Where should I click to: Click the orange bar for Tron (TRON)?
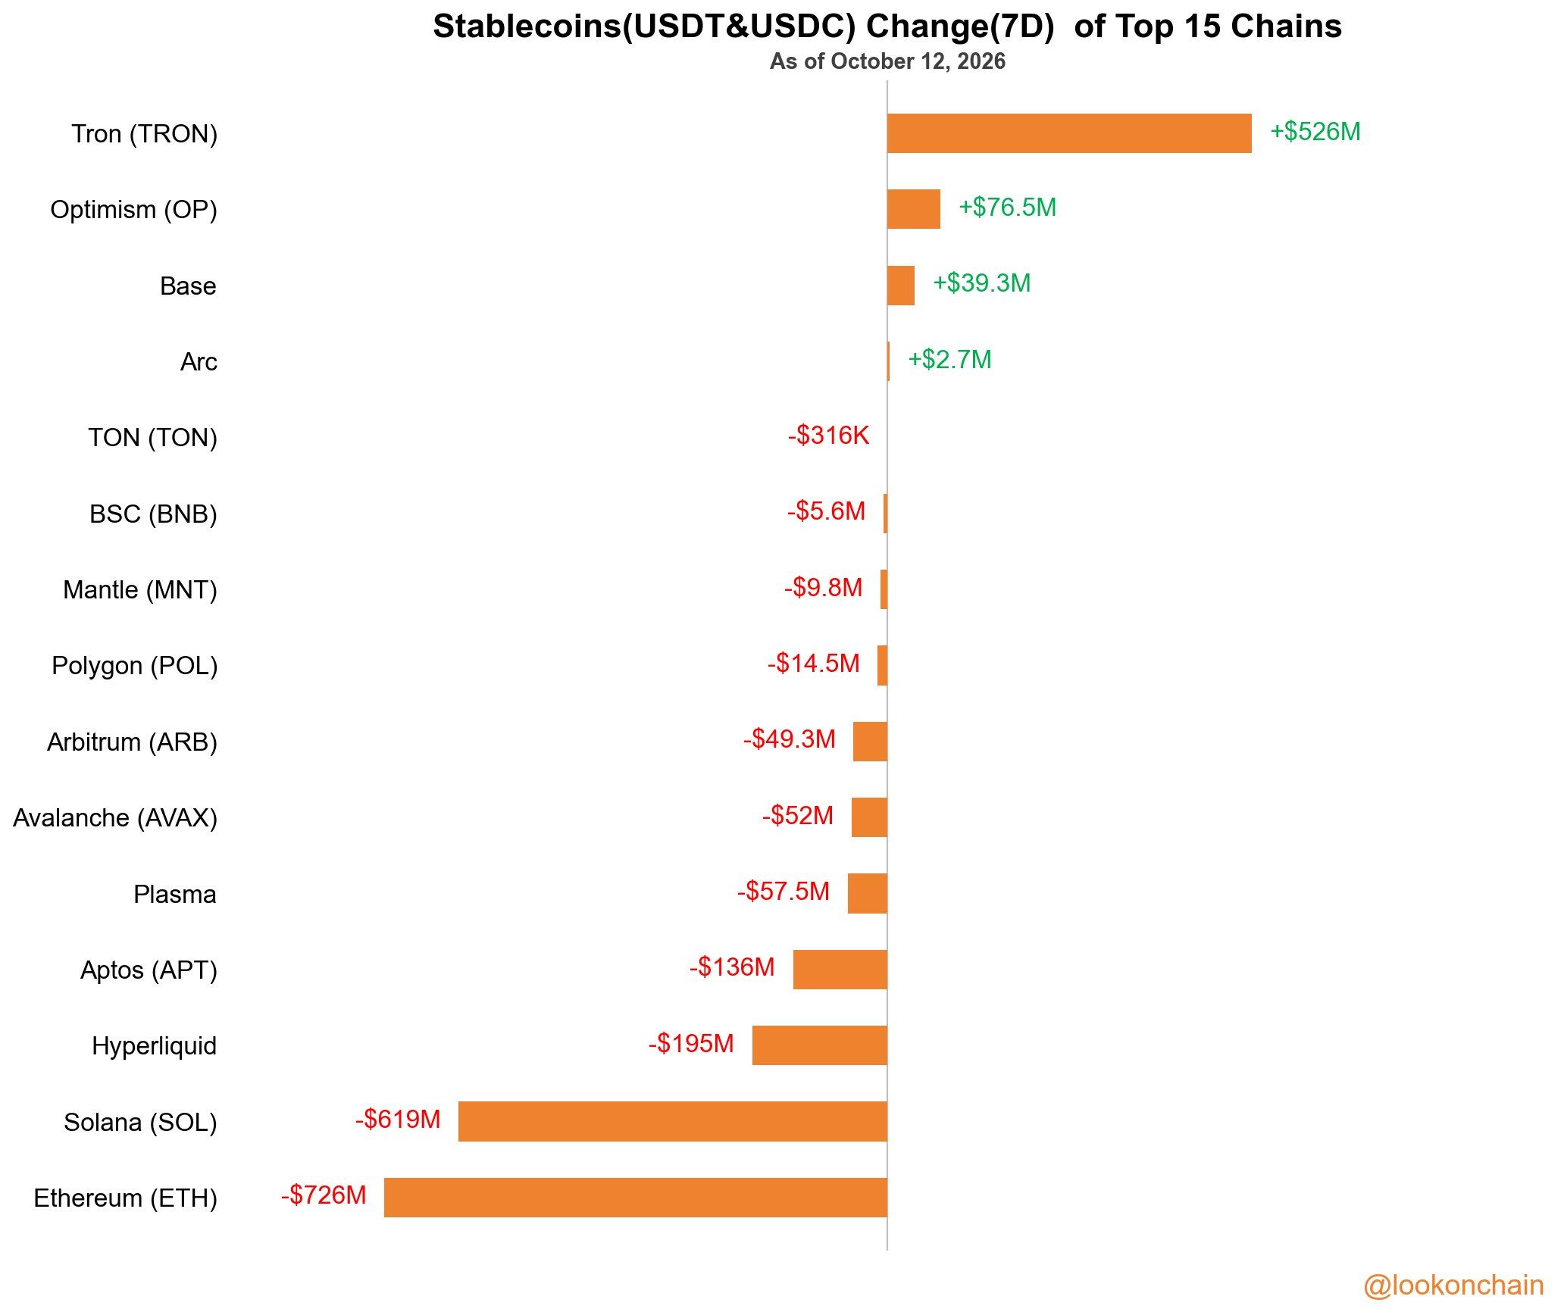coord(1069,133)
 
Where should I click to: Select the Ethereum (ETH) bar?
coord(636,1197)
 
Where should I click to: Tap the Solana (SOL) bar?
coord(673,1121)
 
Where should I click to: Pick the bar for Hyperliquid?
coord(820,1045)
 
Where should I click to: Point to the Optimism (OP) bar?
coord(914,209)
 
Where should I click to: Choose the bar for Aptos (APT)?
coord(840,969)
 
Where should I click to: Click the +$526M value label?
coord(1315,132)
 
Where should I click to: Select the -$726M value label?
coord(324,1195)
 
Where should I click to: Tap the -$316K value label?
coord(828,436)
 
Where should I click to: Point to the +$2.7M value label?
coord(949,360)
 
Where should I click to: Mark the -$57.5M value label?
coord(784,891)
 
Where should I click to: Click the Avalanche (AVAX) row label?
coord(115,818)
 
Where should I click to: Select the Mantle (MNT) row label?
coord(140,590)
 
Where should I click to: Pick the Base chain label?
coord(188,286)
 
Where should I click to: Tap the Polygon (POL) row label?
coord(135,666)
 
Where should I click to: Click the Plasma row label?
coord(175,895)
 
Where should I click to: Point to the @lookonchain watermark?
coord(1453,1285)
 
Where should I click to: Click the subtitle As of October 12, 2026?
coord(887,61)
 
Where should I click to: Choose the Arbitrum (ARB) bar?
coord(870,742)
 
